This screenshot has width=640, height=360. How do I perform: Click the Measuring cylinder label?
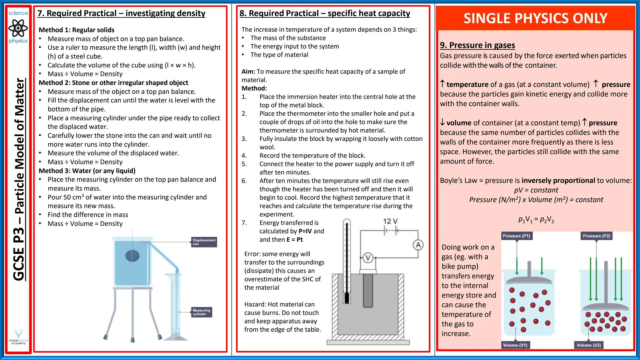201,312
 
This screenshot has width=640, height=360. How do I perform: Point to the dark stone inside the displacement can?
132,256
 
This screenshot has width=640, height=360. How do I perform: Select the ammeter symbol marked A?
418,245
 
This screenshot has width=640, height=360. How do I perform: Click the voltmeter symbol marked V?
368,258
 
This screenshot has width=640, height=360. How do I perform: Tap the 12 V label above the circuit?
390,221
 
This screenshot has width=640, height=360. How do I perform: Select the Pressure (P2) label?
596,236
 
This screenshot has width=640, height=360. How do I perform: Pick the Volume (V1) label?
515,345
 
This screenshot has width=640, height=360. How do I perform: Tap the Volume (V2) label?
589,345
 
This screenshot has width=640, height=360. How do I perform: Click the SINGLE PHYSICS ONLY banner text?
535,18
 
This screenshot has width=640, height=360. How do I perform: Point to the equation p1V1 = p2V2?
536,220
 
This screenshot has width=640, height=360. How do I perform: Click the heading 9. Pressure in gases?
477,45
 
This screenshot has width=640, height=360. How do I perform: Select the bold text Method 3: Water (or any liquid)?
87,171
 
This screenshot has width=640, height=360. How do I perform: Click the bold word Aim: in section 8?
248,71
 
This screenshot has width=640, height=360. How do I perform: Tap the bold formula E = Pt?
295,239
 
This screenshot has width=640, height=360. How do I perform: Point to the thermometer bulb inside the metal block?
347,297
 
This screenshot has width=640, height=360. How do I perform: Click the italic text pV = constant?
536,190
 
